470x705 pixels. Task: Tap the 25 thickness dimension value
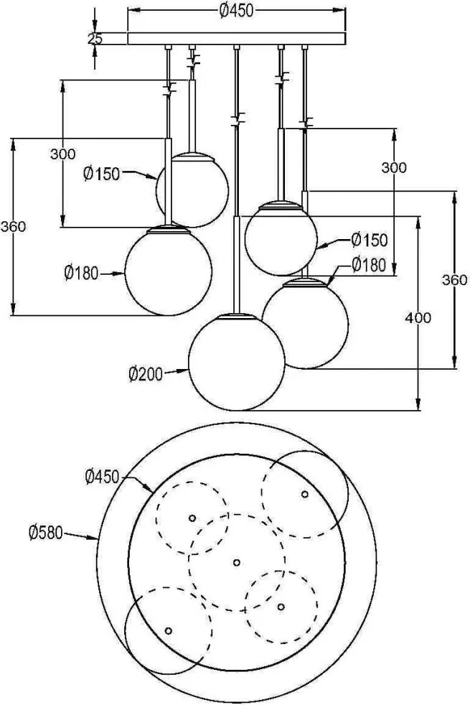[95, 39]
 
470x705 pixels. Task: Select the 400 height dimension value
[418, 318]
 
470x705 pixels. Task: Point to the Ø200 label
[146, 374]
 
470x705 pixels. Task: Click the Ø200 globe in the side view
[236, 362]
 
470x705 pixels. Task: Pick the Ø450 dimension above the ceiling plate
[237, 11]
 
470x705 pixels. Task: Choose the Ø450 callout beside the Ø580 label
[103, 477]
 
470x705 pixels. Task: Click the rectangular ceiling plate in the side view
[237, 39]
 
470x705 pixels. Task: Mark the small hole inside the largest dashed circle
[237, 562]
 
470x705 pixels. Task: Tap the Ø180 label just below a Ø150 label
[369, 265]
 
